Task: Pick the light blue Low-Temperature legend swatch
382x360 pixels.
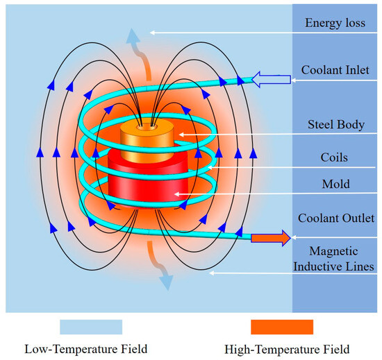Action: (x=91, y=327)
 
